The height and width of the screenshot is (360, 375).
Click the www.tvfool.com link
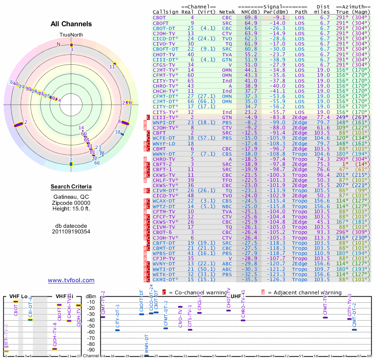pos(71,280)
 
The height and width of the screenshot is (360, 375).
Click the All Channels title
pos(71,24)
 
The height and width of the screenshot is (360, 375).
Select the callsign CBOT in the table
pos(159,17)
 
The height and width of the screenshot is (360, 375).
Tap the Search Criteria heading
pos(71,187)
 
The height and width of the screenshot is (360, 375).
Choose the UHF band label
pos(236,296)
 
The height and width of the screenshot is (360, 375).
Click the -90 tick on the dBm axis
pos(91,350)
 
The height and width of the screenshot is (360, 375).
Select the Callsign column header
pos(166,12)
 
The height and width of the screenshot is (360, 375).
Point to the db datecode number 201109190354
pos(71,231)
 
